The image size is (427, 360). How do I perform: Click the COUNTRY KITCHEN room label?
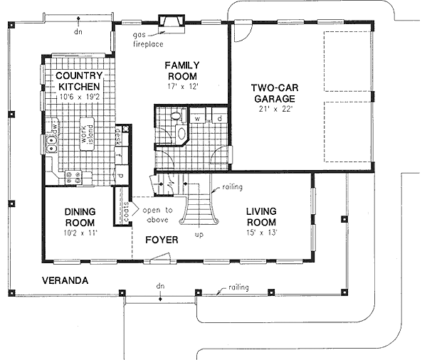80,80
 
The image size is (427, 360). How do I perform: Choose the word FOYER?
162,240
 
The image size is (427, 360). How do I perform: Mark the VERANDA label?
64,280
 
